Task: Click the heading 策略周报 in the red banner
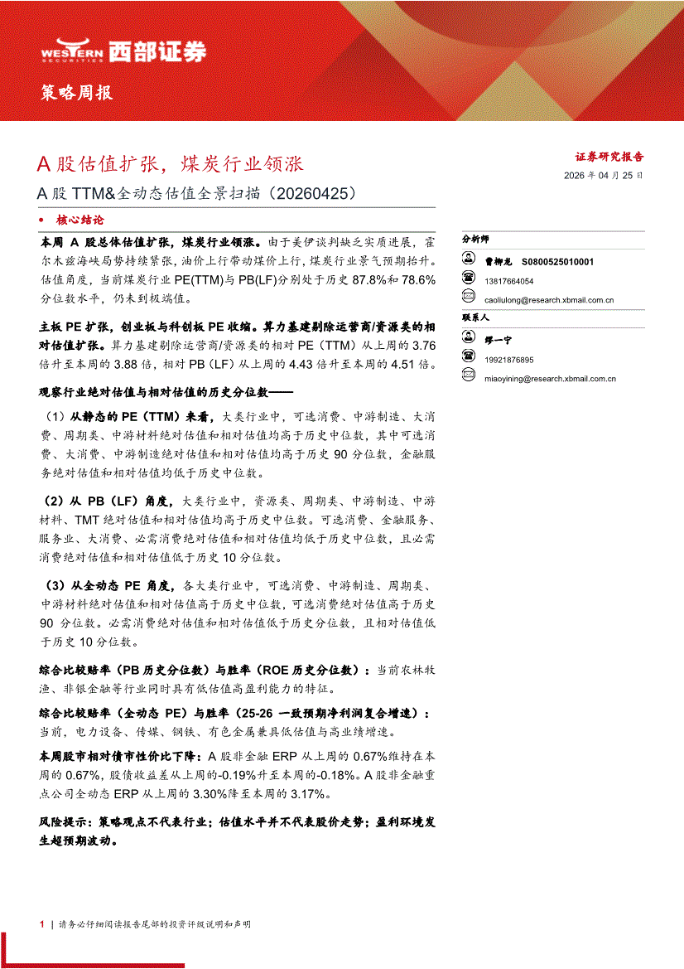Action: coord(77,93)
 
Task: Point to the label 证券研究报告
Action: coord(609,156)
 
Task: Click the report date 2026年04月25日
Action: coord(603,176)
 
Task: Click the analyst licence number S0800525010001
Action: coord(558,262)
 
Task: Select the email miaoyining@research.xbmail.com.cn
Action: coord(551,379)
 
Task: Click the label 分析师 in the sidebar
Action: coord(476,238)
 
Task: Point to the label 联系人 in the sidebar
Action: coord(476,317)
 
